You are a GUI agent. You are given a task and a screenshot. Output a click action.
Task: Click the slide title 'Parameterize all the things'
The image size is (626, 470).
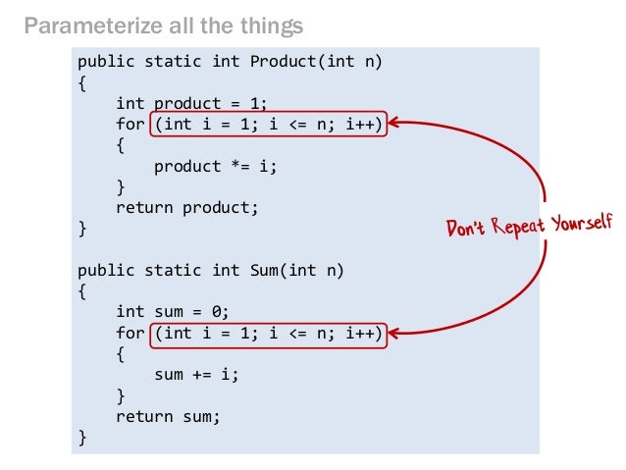pyautogui.click(x=163, y=24)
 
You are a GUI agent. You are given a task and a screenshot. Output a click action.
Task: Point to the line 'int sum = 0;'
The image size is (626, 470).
pyautogui.click(x=172, y=312)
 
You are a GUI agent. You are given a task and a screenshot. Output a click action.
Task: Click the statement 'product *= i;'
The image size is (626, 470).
pyautogui.click(x=215, y=166)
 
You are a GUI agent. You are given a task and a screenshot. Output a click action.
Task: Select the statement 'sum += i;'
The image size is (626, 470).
pyautogui.click(x=196, y=374)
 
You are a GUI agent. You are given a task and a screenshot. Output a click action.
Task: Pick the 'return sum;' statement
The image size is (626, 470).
pyautogui.click(x=168, y=416)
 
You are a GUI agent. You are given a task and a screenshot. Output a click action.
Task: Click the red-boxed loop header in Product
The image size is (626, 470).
pyautogui.click(x=268, y=124)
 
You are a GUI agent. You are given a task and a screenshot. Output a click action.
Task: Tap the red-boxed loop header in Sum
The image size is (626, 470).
pyautogui.click(x=268, y=333)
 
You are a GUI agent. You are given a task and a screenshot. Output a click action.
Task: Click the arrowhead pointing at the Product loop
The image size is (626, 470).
pyautogui.click(x=396, y=124)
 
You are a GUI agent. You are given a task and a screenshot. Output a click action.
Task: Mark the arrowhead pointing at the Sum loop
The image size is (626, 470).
pyautogui.click(x=396, y=334)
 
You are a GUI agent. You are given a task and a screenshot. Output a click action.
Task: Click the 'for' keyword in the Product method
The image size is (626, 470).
pyautogui.click(x=129, y=124)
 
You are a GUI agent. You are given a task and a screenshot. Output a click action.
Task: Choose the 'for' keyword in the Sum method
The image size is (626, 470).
pyautogui.click(x=129, y=333)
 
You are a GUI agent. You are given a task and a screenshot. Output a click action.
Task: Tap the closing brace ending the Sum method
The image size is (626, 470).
pyautogui.click(x=82, y=437)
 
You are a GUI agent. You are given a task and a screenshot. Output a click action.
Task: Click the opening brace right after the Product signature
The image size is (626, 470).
pyautogui.click(x=82, y=82)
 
